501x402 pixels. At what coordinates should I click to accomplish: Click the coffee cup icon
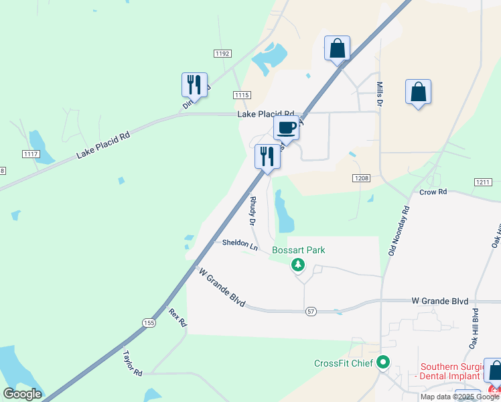coord(286,127)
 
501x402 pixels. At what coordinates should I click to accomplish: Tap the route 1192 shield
coord(222,53)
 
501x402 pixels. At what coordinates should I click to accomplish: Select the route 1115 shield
coord(242,95)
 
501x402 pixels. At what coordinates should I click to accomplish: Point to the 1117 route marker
coord(31,154)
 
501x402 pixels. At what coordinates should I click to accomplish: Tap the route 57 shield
coord(311,312)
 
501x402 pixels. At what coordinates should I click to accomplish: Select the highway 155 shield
coord(148,323)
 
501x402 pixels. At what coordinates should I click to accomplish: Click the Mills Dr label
coord(378,94)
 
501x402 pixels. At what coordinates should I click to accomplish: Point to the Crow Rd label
coord(433,192)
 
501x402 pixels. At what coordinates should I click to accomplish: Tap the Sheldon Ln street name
coord(240,245)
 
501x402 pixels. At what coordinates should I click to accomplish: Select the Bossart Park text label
coord(298,251)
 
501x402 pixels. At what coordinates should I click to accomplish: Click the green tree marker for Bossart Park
coord(298,265)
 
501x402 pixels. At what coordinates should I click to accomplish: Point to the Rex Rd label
coord(177,317)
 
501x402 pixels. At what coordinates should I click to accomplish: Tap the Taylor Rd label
coord(133,362)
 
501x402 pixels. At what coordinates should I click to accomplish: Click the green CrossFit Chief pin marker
coord(383,363)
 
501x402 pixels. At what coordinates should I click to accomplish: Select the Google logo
coord(22,394)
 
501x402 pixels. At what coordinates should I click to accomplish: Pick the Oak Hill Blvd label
coord(474,328)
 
